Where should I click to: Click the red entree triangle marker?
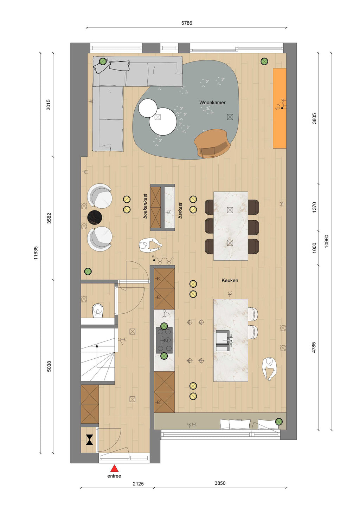tap(114, 469)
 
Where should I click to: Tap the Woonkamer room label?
tap(212, 103)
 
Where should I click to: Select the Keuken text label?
tap(230, 280)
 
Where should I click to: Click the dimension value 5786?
tap(187, 23)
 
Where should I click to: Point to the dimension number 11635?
tap(36, 253)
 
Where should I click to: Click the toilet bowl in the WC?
tap(98, 311)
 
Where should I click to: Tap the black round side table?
tap(95, 217)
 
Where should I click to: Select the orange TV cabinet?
tap(279, 108)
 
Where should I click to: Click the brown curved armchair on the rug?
tap(212, 143)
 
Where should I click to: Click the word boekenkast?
tap(145, 206)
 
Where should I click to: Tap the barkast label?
tap(180, 210)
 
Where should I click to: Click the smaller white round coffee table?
tap(148, 108)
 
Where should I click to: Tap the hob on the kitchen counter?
tap(164, 340)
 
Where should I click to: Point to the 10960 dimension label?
tap(327, 241)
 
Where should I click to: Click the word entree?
tap(114, 476)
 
